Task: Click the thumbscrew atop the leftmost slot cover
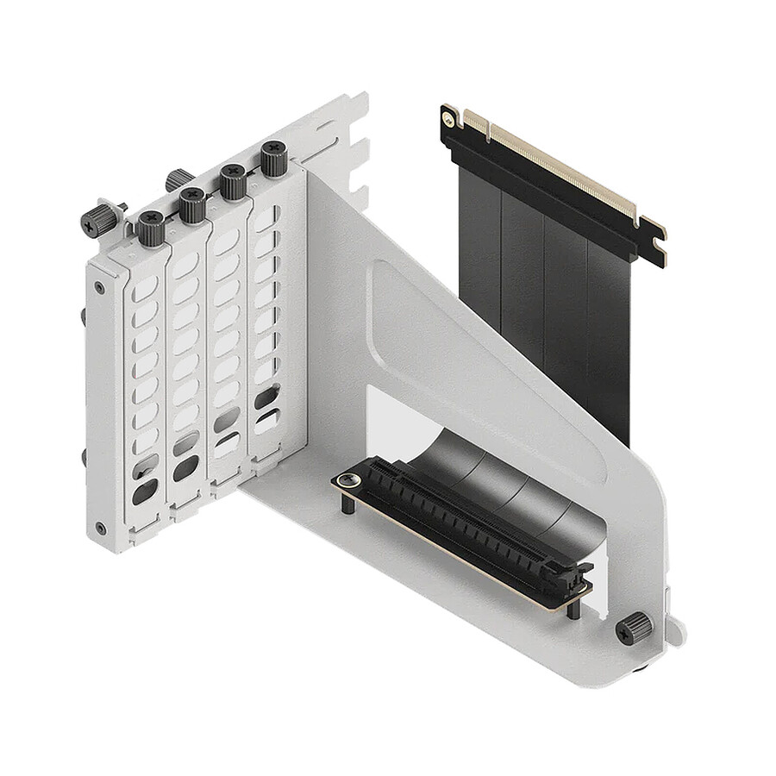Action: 151,229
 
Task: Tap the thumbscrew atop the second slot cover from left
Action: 191,205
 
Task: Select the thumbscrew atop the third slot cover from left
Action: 233,182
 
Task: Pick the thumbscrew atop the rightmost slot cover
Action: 274,160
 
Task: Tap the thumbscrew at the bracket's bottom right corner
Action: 635,628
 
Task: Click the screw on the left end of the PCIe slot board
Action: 348,479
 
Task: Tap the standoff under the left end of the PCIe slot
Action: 347,502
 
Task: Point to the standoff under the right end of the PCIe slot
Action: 573,609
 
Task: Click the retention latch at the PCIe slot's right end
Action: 579,576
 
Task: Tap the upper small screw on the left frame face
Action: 101,287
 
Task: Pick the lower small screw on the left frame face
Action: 101,528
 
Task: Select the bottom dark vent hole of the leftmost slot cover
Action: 146,491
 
